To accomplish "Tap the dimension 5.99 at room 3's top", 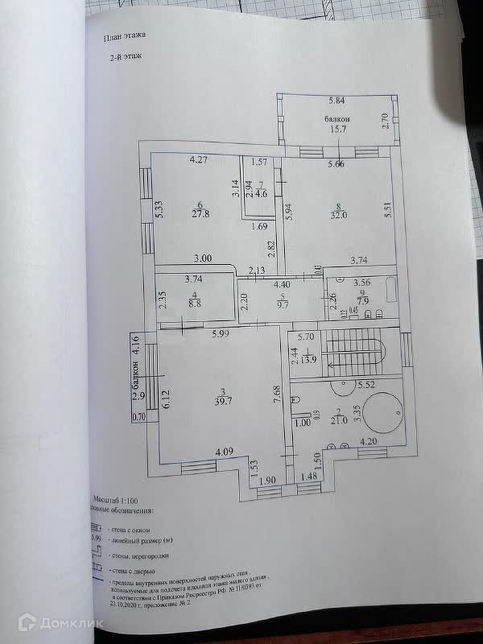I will (222, 334).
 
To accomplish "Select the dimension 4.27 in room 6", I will (199, 159).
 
